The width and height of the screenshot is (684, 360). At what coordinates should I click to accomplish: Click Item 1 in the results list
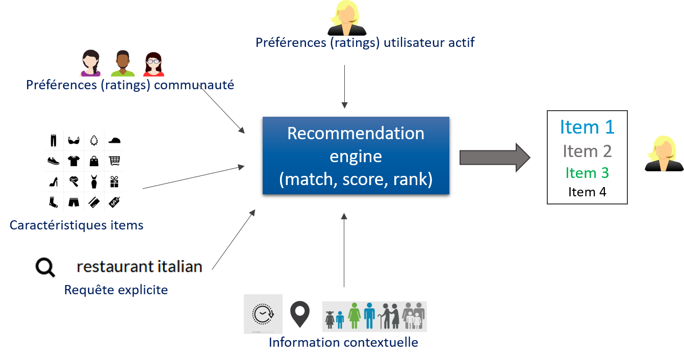point(587,127)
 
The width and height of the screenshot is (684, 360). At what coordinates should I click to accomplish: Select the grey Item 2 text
point(587,151)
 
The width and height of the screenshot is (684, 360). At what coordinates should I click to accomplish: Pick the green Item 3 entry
point(587,173)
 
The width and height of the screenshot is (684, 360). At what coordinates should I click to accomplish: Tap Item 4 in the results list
point(587,192)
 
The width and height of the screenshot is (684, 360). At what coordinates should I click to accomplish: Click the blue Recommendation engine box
point(356,156)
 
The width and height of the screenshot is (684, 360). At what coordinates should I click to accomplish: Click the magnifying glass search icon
point(45,267)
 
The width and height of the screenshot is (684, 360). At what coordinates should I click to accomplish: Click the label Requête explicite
point(116,290)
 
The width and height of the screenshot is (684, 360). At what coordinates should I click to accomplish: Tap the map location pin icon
point(300,314)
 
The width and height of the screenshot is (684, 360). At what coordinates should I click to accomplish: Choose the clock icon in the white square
point(263,314)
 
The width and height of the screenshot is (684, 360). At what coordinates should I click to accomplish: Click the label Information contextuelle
point(343,342)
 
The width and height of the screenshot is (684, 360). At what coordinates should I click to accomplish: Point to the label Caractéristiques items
point(77,225)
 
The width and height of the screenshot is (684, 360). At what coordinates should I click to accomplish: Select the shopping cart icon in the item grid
point(114,161)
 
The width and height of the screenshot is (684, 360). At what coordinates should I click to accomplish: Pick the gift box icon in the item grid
point(114,182)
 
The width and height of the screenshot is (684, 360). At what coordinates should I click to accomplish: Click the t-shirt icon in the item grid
point(74,161)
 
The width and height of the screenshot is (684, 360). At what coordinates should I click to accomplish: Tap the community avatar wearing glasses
point(153,64)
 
